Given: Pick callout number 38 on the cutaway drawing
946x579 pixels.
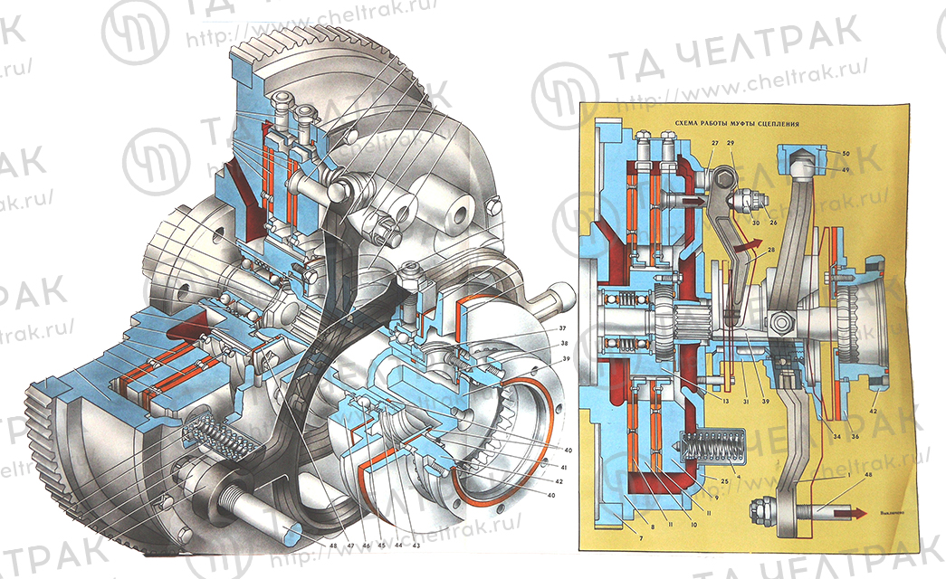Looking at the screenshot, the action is coord(561,344).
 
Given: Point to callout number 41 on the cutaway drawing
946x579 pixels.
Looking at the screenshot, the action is coord(562,467).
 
